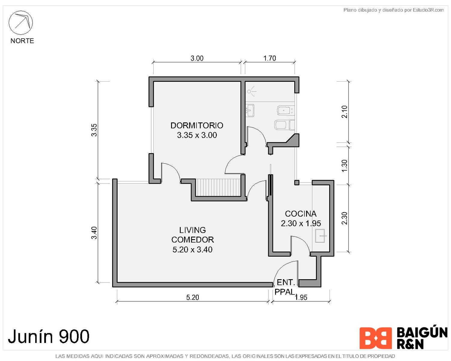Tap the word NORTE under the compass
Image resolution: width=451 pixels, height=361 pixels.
coord(22,41)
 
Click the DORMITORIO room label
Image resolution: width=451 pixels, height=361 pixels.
coord(197,125)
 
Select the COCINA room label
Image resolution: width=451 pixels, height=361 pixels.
coord(301,214)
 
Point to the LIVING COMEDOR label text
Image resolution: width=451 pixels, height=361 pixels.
coord(192,235)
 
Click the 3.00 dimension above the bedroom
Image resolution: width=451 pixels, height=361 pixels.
coord(197,58)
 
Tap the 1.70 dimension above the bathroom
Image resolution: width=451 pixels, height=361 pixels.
coord(269,58)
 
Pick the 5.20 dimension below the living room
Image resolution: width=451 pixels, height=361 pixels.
coord(193,298)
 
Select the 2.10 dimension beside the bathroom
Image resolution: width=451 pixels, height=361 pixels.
coord(344,112)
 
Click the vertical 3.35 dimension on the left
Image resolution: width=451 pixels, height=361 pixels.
coord(94,130)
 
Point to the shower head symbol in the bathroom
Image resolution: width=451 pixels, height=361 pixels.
coord(251,91)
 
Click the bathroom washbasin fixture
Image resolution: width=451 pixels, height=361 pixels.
coord(250,110)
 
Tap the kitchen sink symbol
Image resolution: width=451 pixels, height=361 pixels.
coord(320,236)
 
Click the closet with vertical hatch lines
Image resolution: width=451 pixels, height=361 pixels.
coord(218,187)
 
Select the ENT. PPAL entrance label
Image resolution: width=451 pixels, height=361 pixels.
coord(285,287)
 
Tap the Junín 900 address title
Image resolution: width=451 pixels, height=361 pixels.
coord(49,336)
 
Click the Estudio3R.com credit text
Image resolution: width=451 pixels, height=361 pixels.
coord(428,10)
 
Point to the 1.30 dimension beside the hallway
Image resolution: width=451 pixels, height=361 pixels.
coord(344,166)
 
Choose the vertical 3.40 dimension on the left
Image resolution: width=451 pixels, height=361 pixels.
coord(94,233)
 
